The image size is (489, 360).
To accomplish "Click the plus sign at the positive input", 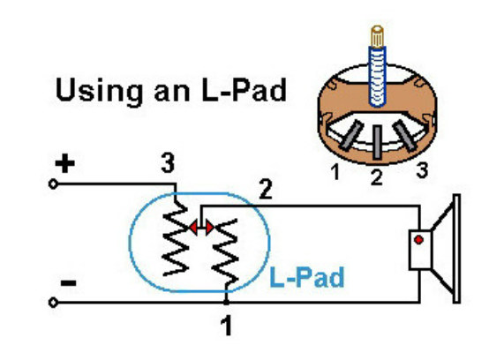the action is click(64, 163).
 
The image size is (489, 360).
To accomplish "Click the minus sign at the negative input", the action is click(68, 283).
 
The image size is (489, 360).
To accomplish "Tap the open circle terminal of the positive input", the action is click(53, 184).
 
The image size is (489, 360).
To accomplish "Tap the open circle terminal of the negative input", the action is click(53, 303).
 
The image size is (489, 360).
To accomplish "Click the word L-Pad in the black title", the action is click(244, 90).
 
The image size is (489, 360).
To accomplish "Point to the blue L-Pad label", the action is click(306, 277).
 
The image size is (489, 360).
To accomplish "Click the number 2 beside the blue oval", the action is click(266, 189).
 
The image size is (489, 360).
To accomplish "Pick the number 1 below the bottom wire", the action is click(227, 326).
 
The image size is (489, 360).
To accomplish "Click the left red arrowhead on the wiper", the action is click(193, 228).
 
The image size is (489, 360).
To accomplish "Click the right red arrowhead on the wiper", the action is click(209, 228).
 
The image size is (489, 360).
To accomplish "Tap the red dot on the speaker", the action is click(418, 240).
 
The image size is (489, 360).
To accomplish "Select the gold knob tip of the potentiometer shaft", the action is click(378, 36).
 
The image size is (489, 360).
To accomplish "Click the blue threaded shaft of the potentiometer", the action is click(378, 77).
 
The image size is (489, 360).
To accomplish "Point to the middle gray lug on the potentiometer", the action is click(378, 142).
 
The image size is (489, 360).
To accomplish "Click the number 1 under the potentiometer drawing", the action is click(335, 172).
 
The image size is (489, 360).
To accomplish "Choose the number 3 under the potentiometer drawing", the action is click(422, 170).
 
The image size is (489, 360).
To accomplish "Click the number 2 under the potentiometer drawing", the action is click(376, 177).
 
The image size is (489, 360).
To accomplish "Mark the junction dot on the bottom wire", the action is click(227, 302).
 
